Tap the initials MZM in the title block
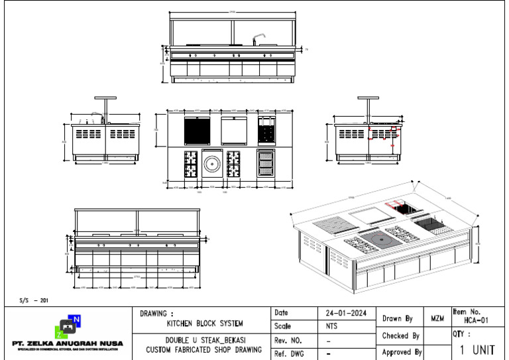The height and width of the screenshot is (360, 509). pyautogui.click(x=437, y=319)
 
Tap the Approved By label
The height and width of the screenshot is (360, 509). pyautogui.click(x=401, y=353)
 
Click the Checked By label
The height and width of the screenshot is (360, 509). pyautogui.click(x=400, y=336)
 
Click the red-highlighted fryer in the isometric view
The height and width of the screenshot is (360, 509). pyautogui.click(x=403, y=209)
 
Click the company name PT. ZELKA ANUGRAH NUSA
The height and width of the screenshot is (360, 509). pyautogui.click(x=68, y=343)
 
